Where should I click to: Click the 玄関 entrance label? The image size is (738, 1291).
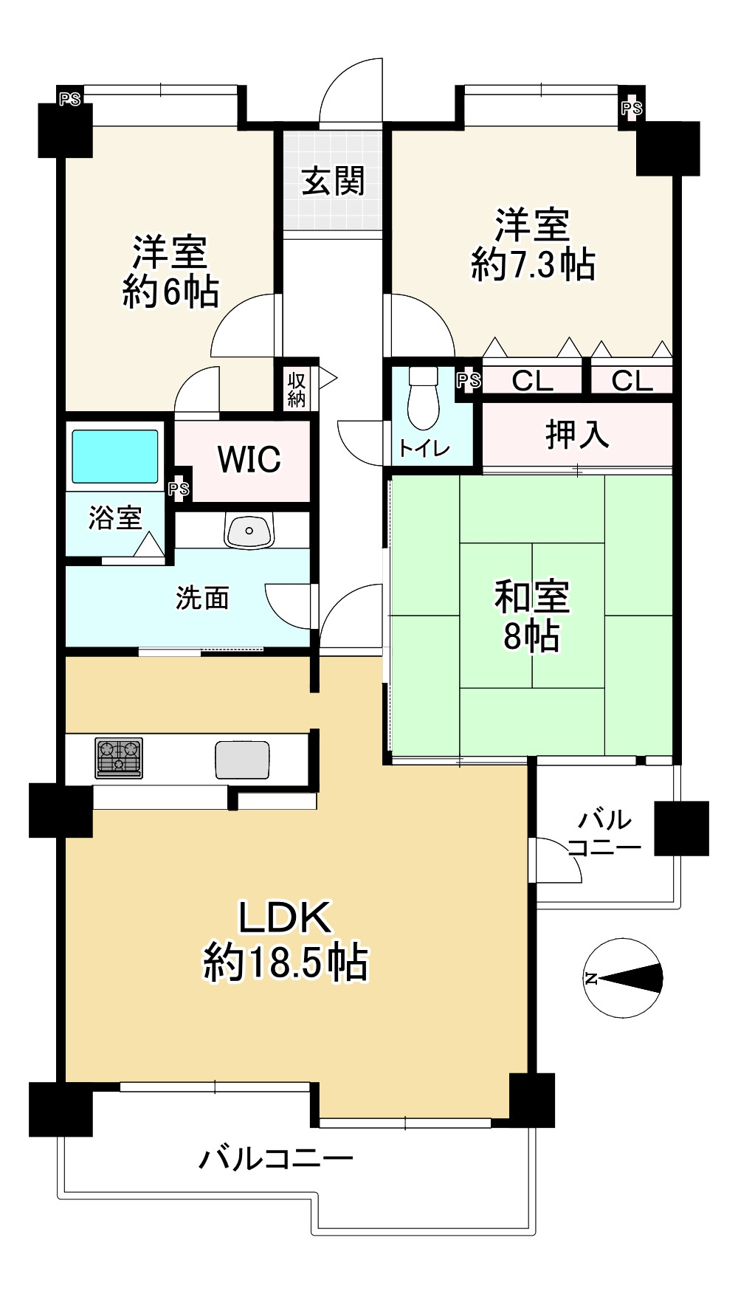click(x=333, y=181)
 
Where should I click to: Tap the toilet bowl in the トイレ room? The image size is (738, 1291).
click(x=423, y=399)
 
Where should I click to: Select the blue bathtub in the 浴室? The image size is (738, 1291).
click(x=114, y=457)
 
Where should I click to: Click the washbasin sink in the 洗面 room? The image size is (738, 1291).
click(x=249, y=530)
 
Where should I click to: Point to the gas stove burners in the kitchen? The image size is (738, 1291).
click(x=119, y=758)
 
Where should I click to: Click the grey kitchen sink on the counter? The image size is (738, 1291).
click(x=242, y=760)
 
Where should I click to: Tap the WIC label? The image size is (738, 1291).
click(x=249, y=460)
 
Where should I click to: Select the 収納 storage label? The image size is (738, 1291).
click(x=297, y=390)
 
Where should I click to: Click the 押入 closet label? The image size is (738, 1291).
click(x=577, y=434)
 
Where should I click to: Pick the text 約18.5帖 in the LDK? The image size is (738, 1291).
click(x=286, y=962)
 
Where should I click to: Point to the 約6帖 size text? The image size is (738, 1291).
click(x=170, y=292)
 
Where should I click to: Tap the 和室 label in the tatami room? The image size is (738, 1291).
click(x=532, y=597)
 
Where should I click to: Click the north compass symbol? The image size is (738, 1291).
click(x=623, y=979)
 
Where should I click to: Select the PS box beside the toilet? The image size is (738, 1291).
click(x=469, y=381)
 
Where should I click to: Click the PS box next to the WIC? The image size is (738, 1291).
click(x=179, y=489)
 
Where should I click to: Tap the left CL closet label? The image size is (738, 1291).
click(x=532, y=381)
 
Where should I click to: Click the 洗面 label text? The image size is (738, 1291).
click(x=202, y=598)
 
